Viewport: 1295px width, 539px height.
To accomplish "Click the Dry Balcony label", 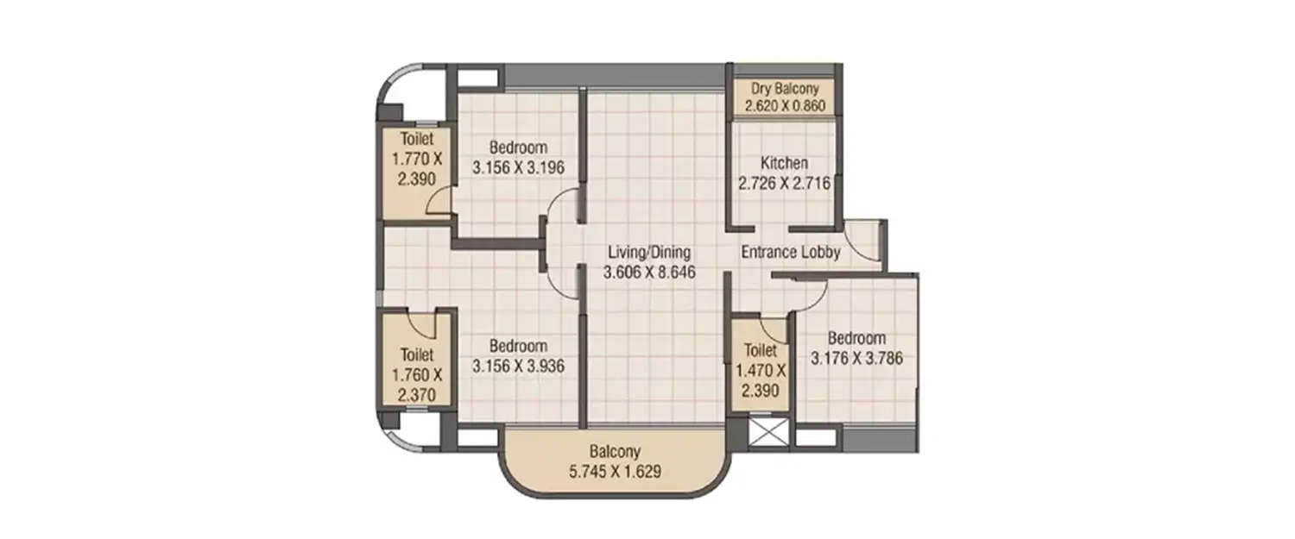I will (784, 89).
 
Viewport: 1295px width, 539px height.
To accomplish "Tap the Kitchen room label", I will (784, 163).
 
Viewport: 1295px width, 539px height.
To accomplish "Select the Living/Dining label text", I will (649, 253).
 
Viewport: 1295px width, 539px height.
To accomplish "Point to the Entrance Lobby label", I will (790, 253).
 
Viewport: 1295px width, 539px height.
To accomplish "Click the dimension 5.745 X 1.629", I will (616, 471).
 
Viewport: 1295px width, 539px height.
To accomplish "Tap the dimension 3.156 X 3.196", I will (518, 167).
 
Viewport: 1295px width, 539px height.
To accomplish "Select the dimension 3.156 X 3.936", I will (518, 366).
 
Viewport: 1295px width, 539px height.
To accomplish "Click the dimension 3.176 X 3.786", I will (856, 358).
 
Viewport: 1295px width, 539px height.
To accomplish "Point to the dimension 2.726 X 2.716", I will (784, 183).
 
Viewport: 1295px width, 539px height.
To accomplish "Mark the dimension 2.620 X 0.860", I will (784, 107).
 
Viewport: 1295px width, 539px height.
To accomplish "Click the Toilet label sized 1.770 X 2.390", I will (416, 138).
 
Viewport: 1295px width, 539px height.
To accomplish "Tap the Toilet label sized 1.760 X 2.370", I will (416, 354).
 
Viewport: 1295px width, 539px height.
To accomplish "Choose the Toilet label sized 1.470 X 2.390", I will (760, 351).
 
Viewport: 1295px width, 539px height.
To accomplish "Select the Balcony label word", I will (616, 451).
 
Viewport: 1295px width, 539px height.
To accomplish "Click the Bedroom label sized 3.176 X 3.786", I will (856, 338).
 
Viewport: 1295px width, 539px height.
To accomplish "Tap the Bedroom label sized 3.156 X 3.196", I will (518, 147).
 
